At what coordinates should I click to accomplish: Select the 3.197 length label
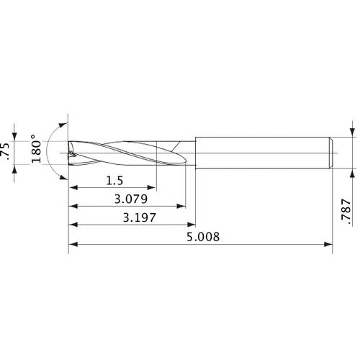click(x=137, y=217)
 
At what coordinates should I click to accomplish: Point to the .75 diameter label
click(x=7, y=150)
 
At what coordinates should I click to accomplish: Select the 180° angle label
click(x=35, y=148)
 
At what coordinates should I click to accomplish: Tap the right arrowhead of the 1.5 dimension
click(x=153, y=189)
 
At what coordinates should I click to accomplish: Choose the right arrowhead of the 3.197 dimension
click(x=191, y=225)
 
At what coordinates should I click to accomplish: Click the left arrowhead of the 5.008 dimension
click(x=73, y=244)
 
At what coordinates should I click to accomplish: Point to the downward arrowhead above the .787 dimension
click(x=352, y=132)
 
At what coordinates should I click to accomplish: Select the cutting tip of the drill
click(x=71, y=152)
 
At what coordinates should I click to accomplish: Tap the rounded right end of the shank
click(x=330, y=152)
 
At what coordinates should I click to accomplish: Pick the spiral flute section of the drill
click(x=130, y=152)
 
